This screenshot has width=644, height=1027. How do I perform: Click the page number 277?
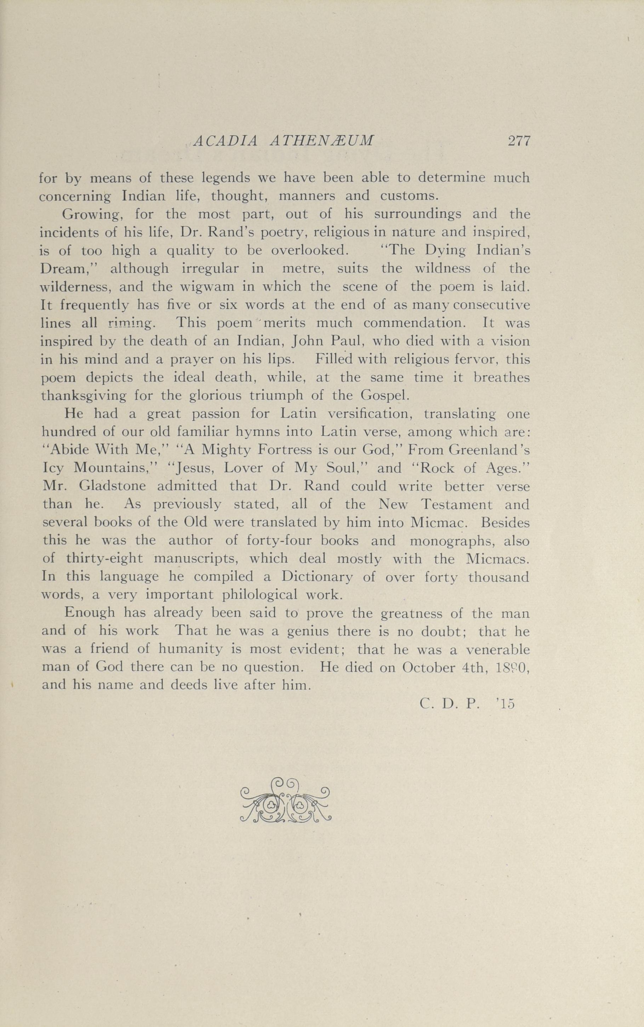[518, 141]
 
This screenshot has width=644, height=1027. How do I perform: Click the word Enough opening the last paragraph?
[90, 613]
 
